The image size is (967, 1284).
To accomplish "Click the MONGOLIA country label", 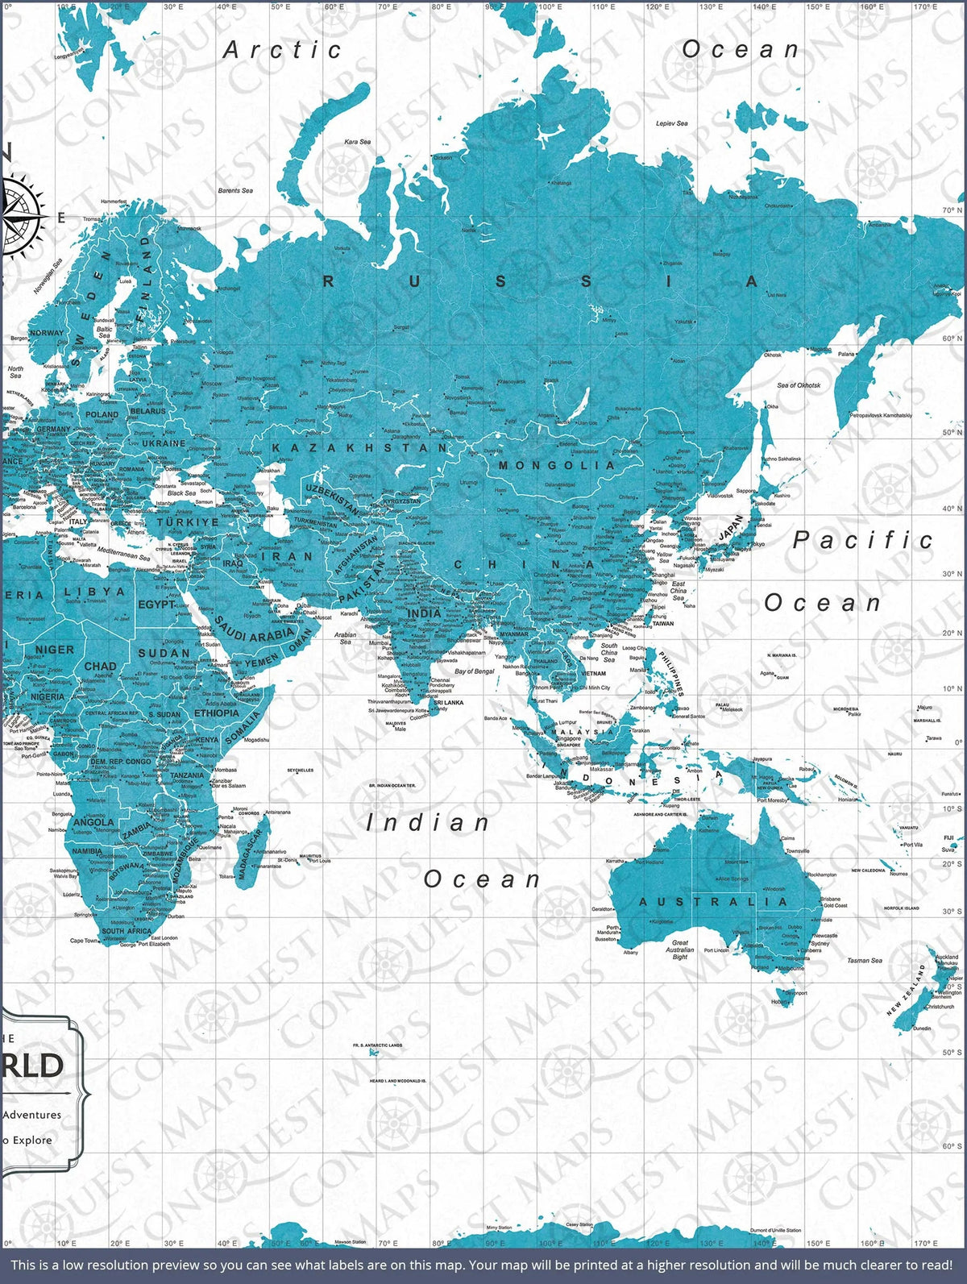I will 556,465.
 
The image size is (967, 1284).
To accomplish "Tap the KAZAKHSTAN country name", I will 359,447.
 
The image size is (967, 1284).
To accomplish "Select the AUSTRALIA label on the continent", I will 713,901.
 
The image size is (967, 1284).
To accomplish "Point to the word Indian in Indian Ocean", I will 427,823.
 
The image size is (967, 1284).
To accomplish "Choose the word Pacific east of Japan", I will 863,540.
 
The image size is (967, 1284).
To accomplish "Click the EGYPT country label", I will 157,604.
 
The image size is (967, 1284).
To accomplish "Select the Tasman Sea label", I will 864,960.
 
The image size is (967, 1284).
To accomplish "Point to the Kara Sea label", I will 358,142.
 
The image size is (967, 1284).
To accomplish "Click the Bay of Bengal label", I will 475,671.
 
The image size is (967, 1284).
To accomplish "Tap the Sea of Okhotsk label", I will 799,385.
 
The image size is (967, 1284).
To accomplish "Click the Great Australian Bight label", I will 680,949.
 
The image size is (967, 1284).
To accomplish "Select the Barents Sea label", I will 235,190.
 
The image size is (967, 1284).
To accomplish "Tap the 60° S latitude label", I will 952,1145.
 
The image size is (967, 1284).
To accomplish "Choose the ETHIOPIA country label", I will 216,713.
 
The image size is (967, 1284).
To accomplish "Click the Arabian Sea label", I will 346,638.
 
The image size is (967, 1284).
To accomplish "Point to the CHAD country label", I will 100,667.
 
